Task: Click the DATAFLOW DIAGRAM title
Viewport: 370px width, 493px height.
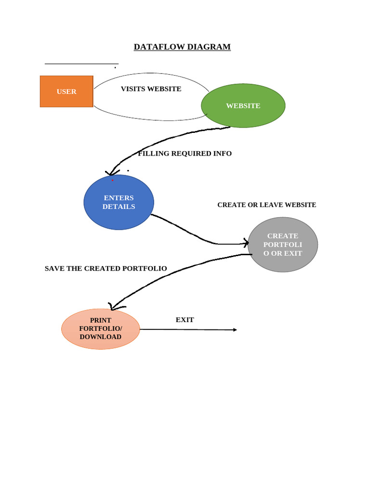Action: [182, 47]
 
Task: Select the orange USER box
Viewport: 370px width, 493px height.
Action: [66, 91]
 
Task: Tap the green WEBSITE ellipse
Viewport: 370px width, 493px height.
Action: [243, 105]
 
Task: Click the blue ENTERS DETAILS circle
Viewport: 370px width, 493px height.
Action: [119, 202]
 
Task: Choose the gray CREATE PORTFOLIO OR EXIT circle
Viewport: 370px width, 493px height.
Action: [283, 245]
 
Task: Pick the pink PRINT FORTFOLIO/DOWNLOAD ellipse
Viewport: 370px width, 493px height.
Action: [101, 329]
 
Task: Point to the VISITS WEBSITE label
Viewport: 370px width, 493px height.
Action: [151, 89]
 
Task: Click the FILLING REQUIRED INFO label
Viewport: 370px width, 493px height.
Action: [185, 154]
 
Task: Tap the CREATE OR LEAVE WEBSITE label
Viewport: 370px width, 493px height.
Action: [266, 205]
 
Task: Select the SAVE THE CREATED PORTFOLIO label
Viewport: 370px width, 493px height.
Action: [106, 269]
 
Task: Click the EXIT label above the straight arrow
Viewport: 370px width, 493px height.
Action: [185, 320]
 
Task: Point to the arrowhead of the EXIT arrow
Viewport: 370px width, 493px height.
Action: [235, 330]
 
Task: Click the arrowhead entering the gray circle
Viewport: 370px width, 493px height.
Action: [246, 243]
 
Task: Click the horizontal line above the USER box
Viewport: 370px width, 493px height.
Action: [81, 64]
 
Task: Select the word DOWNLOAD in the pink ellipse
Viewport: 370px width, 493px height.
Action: [101, 337]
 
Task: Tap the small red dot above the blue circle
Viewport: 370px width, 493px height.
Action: [113, 180]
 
